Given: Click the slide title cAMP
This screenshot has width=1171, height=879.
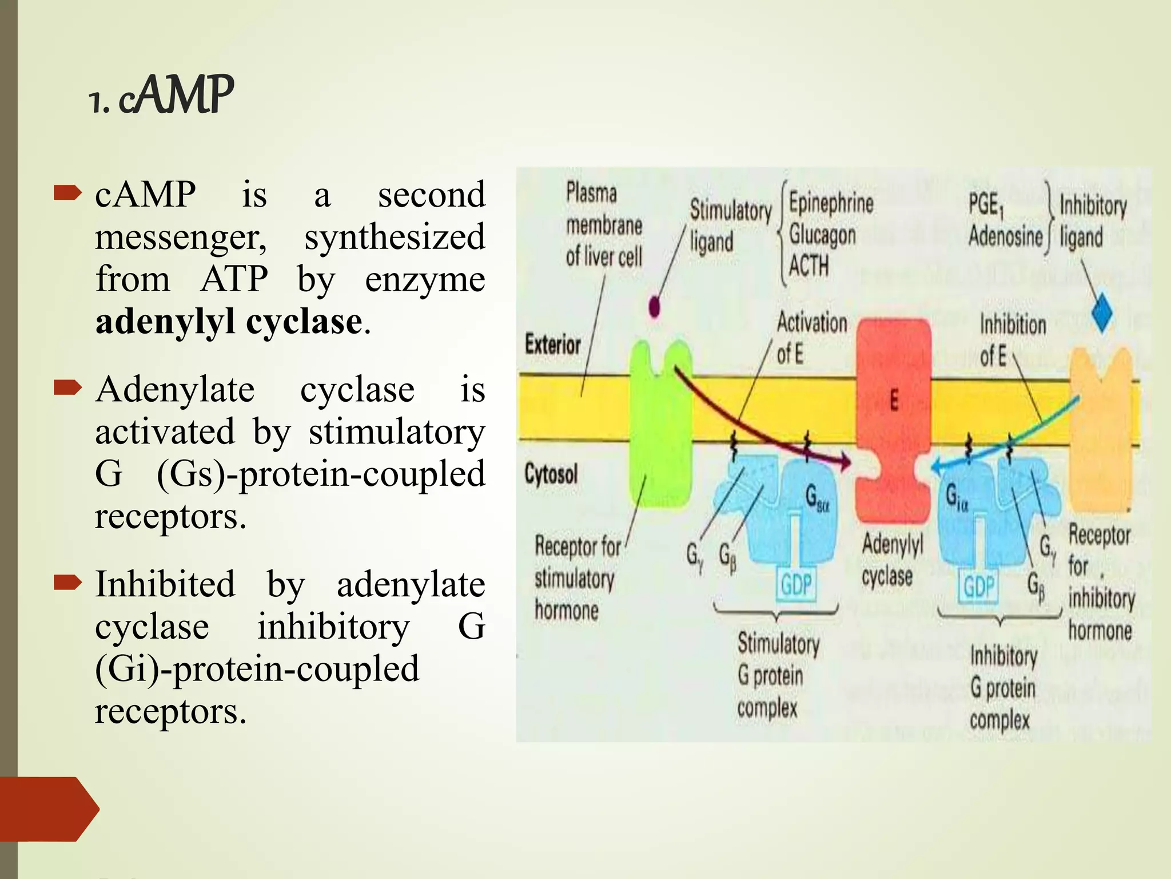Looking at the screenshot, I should pyautogui.click(x=162, y=96).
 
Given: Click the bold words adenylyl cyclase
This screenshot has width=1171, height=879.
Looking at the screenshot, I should pyautogui.click(x=229, y=322).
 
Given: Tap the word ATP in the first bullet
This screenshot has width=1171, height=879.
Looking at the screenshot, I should pyautogui.click(x=234, y=279).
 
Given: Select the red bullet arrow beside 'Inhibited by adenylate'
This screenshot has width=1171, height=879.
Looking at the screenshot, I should pyautogui.click(x=67, y=583).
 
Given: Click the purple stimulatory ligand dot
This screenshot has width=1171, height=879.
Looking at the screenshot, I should pyautogui.click(x=655, y=307).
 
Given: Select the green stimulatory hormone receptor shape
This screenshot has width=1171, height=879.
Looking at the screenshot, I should pyautogui.click(x=660, y=423).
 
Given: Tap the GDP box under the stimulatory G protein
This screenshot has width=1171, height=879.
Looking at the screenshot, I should pyautogui.click(x=796, y=585).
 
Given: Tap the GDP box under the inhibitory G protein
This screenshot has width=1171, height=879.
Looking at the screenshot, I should pyautogui.click(x=978, y=587).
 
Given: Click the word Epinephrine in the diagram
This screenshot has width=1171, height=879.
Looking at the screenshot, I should pyautogui.click(x=831, y=203).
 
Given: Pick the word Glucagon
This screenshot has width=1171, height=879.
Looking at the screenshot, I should pyautogui.click(x=822, y=235).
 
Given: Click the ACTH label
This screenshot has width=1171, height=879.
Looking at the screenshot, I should pyautogui.click(x=808, y=266).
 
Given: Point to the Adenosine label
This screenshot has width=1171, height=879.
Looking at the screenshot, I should pyautogui.click(x=1005, y=236).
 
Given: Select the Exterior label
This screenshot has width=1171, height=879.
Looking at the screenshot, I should pyautogui.click(x=552, y=345).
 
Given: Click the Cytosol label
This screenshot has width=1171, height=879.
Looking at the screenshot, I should pyautogui.click(x=551, y=474).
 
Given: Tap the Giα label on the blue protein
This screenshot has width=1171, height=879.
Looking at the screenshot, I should pyautogui.click(x=957, y=496).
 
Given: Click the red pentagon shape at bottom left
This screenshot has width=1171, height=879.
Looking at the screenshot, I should pyautogui.click(x=49, y=809).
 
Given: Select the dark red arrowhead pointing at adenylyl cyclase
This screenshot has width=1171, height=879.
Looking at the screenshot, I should pyautogui.click(x=844, y=461).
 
